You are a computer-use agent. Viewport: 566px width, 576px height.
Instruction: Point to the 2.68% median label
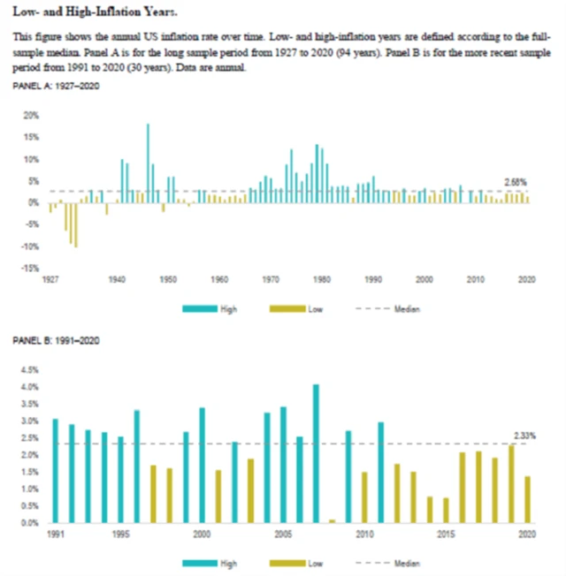pos(516,182)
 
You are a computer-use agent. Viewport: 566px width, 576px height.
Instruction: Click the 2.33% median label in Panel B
pos(524,435)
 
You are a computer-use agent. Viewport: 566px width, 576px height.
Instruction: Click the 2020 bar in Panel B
pos(527,499)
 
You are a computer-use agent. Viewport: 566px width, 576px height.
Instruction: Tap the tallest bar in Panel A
pos(148,163)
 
